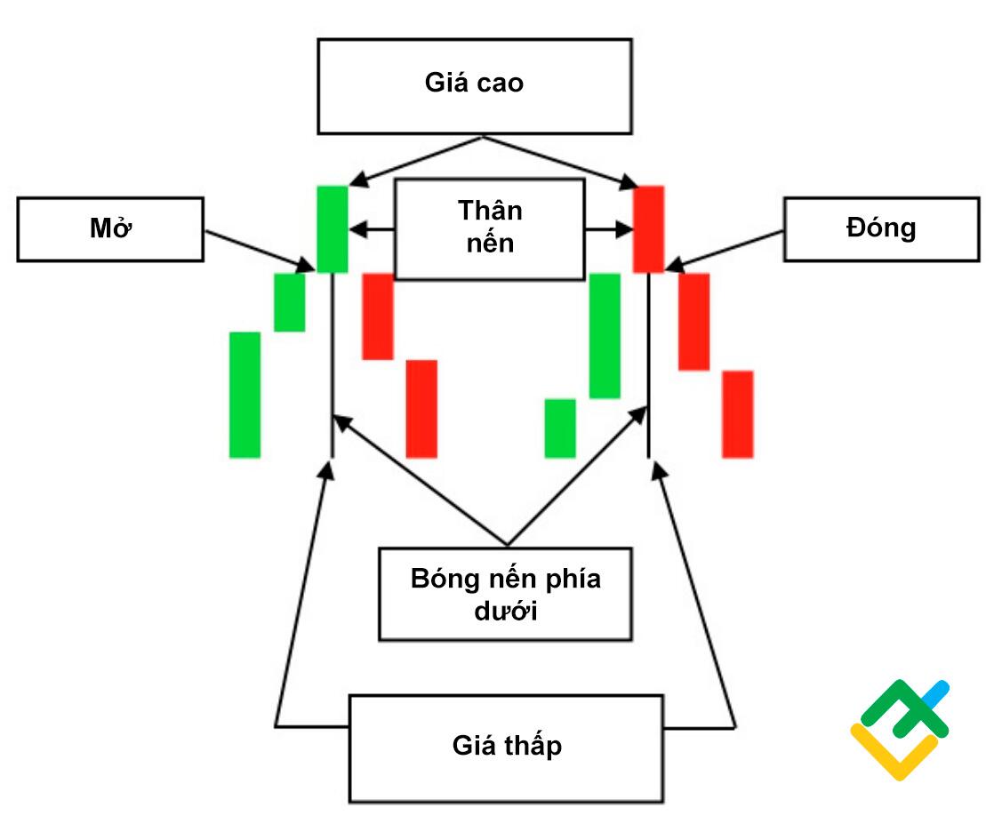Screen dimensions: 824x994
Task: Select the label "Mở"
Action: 111,229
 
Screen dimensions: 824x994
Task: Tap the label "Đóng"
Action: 881,228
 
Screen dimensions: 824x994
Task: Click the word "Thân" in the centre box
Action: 490,211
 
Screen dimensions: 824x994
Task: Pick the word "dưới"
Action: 505,612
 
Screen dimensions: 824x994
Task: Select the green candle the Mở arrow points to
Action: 333,228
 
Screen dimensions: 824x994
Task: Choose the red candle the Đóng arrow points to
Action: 648,228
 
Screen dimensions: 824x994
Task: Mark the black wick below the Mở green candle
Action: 333,364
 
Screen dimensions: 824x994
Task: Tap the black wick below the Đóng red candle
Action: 649,364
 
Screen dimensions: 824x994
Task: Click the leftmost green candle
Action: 244,395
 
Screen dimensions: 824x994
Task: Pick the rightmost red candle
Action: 737,414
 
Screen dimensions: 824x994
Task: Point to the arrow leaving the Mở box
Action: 258,250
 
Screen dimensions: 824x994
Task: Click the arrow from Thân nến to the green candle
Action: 372,230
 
